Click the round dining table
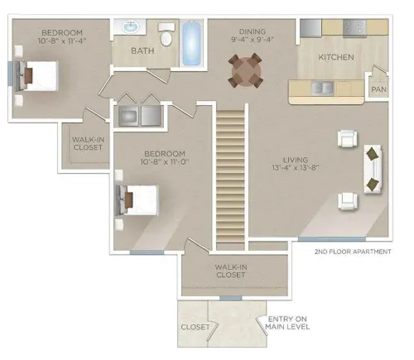pos(246,71)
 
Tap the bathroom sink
pos(132,27)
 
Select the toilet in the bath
pos(166,34)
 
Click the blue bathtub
pos(191,43)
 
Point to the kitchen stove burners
pos(354,28)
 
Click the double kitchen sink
pos(322,89)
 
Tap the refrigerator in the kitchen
pos(310,28)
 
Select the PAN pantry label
pos(378,89)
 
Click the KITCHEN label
pos(336,57)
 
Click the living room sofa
pos(373,169)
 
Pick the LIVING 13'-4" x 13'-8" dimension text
pos(296,164)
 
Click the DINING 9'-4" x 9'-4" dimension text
pos(253,36)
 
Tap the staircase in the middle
pos(230,176)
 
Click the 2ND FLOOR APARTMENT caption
pos(353,252)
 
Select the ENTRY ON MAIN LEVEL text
pos(287,323)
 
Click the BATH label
pos(142,50)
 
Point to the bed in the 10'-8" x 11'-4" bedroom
pos(38,76)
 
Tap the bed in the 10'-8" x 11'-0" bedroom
pos(138,200)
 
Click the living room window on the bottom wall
pos(332,239)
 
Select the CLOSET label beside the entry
pos(195,327)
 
